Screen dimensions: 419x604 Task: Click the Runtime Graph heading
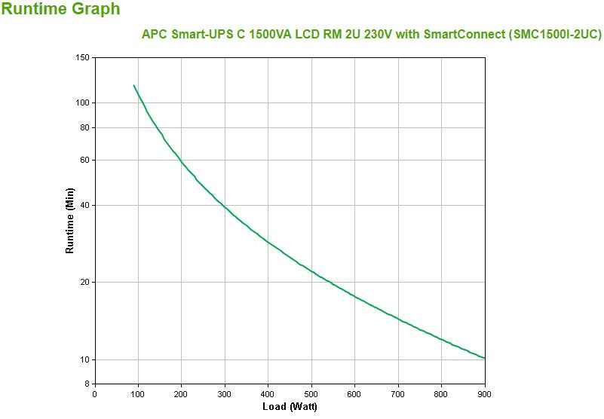click(60, 10)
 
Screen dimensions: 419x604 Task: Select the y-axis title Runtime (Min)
click(69, 220)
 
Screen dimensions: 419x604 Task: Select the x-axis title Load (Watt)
click(289, 407)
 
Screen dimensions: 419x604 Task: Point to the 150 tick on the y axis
click(82, 58)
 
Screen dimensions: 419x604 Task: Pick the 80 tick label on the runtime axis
click(84, 127)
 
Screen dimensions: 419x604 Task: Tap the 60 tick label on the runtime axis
click(84, 160)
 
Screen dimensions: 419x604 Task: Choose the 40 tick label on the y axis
click(84, 205)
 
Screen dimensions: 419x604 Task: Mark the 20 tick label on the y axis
click(84, 282)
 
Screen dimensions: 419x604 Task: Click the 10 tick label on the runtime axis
click(84, 359)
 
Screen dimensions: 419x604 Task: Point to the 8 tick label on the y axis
click(87, 384)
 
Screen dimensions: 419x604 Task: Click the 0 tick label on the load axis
click(94, 393)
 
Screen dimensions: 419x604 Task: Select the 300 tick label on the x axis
click(225, 393)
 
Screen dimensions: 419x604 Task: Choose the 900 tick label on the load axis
click(484, 393)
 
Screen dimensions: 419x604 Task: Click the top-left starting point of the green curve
click(133, 86)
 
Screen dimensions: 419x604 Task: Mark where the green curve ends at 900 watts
click(485, 359)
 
